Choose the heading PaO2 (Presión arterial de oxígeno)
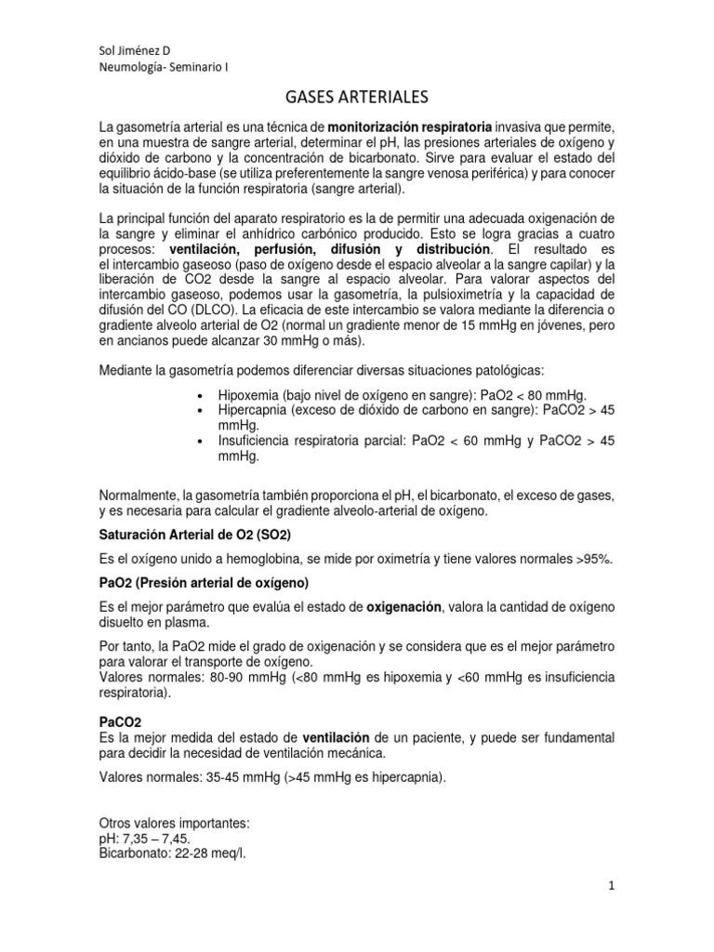[x=204, y=583]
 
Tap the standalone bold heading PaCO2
[x=119, y=721]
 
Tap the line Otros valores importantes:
[x=173, y=823]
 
